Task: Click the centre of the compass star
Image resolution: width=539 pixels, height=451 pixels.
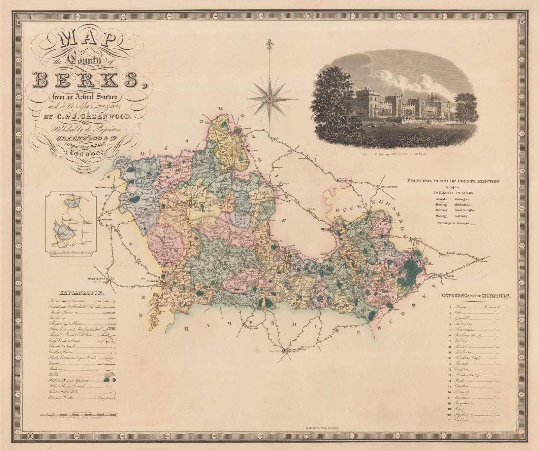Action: [x=269, y=99]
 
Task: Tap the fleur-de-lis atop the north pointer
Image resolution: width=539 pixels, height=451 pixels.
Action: [x=269, y=45]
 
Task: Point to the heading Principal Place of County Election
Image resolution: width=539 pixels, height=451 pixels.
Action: [x=453, y=181]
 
